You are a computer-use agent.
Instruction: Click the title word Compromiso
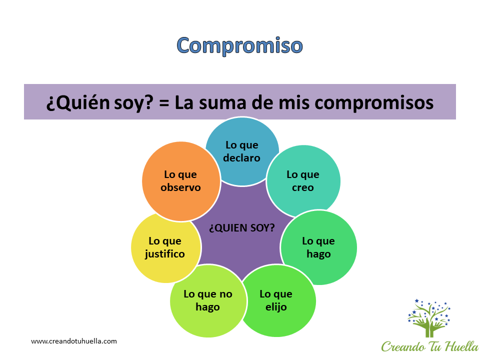(239, 45)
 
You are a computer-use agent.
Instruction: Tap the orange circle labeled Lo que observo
(181, 181)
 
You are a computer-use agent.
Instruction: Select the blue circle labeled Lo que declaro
(242, 151)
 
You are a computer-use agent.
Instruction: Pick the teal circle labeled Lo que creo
(303, 181)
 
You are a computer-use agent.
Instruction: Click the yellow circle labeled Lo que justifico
(165, 247)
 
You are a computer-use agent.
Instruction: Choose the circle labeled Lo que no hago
(208, 301)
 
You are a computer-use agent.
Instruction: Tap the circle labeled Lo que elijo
(277, 301)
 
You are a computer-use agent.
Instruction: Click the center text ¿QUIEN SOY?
(242, 228)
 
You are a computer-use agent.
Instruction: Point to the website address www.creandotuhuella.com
(74, 341)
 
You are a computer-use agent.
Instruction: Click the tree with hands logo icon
(429, 318)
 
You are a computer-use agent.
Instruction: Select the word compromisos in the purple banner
(374, 102)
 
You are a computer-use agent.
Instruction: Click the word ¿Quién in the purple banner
(78, 102)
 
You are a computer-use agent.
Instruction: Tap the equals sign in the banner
(164, 103)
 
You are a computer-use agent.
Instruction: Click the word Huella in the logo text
(462, 346)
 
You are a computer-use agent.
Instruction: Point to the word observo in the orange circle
(180, 187)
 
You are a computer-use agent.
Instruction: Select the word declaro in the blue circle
(241, 157)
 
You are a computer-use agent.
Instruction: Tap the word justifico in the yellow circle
(164, 254)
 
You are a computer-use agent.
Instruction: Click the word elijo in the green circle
(276, 306)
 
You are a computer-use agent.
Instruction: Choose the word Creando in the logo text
(403, 346)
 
